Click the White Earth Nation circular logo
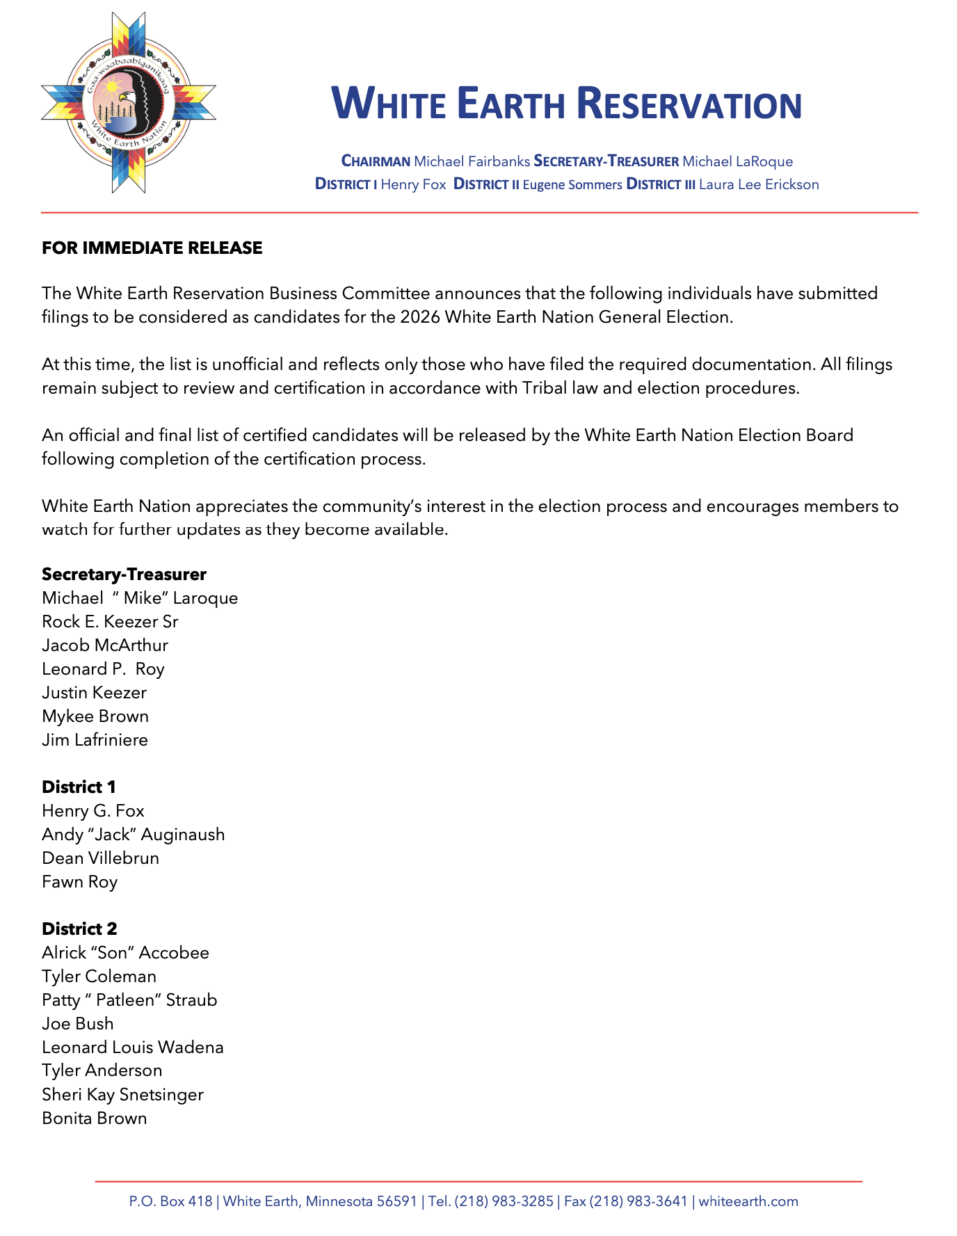point(129,102)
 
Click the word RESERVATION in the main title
point(689,104)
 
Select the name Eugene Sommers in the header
point(572,184)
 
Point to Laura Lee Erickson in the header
point(759,184)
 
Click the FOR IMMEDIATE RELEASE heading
point(152,248)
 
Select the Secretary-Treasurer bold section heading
point(124,575)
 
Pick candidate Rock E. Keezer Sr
point(110,622)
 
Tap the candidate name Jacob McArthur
point(105,645)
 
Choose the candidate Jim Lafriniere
point(95,740)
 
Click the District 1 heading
point(79,787)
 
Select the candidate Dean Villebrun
point(100,858)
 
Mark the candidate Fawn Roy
point(79,882)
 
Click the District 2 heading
point(79,929)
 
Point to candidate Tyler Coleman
point(99,977)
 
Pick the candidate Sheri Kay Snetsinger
point(122,1095)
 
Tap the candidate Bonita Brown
point(95,1118)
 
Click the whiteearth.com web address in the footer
point(748,1201)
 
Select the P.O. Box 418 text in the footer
point(170,1201)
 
